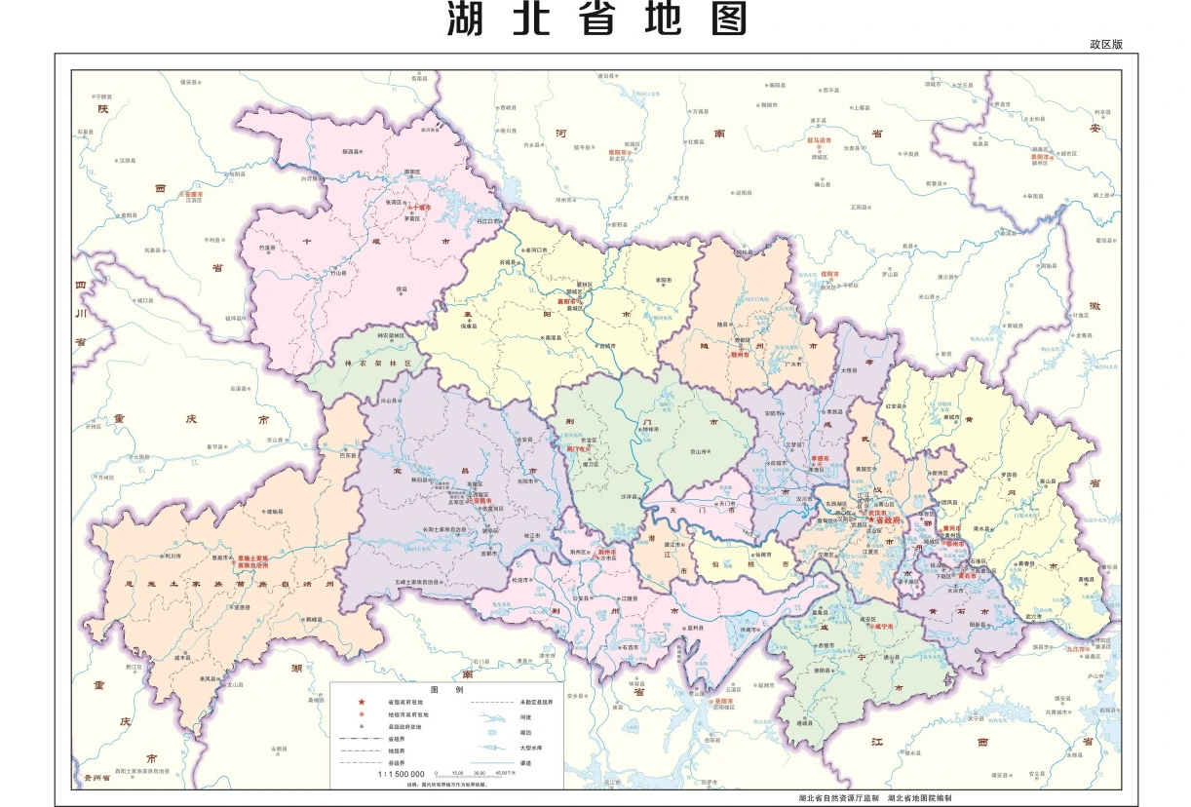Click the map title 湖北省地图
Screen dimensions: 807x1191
[598, 19]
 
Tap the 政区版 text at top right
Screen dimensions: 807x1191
[1107, 45]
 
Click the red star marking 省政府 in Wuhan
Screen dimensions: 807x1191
[873, 520]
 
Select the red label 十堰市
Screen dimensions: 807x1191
[418, 208]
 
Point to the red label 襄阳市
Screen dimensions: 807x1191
[568, 302]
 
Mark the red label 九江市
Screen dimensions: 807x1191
[1081, 648]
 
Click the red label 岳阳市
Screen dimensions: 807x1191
[723, 701]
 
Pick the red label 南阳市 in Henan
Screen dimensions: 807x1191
[620, 152]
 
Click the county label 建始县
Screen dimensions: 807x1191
[274, 510]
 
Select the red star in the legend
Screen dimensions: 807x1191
[361, 702]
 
